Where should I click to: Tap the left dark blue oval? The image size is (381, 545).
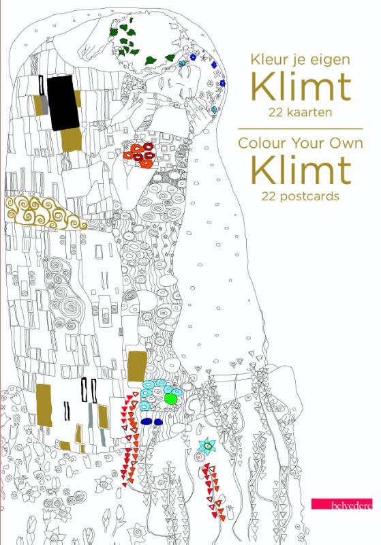pos(146,422)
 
